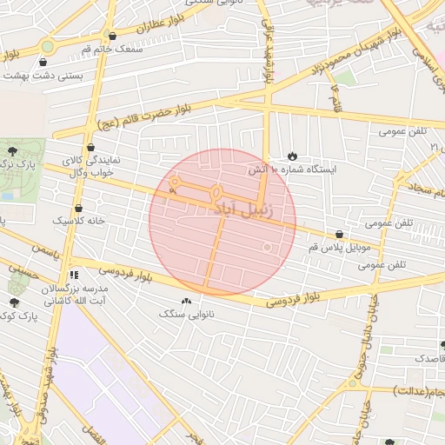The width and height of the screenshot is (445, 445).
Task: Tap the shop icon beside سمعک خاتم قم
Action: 113,37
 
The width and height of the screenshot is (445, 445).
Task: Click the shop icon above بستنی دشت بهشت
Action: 43,62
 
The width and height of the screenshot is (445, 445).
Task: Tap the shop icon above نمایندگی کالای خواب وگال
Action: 91,148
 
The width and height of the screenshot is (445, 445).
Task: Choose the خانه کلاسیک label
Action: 77,221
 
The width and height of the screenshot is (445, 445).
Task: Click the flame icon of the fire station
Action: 290,156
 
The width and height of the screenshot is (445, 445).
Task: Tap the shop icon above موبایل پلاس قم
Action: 339,235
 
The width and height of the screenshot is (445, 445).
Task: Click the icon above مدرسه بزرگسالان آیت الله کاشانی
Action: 75,274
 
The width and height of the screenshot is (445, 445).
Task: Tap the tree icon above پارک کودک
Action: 15,302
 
